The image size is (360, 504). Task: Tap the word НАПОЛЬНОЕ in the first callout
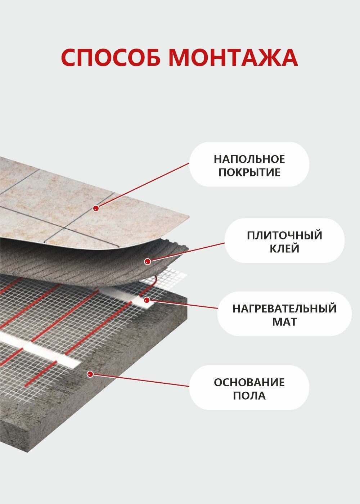[249, 159]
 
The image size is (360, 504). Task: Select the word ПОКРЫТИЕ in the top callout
[249, 172]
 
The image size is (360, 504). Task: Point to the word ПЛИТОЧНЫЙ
[284, 235]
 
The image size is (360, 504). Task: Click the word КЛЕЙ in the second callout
[284, 248]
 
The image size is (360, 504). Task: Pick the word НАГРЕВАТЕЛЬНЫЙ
[284, 309]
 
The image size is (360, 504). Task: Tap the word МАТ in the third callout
[284, 321]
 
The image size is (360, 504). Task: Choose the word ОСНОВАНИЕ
[249, 382]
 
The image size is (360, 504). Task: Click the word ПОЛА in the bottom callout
[249, 396]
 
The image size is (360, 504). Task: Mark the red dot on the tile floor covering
[96, 208]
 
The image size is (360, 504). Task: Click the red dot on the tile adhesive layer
[147, 262]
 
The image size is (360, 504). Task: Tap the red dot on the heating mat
[147, 300]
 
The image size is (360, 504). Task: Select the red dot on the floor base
[90, 374]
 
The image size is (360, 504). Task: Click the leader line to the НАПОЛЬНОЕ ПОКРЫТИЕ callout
[144, 185]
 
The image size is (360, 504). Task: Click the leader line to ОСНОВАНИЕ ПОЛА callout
[140, 381]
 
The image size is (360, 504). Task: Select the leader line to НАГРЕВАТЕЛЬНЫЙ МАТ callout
[184, 304]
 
